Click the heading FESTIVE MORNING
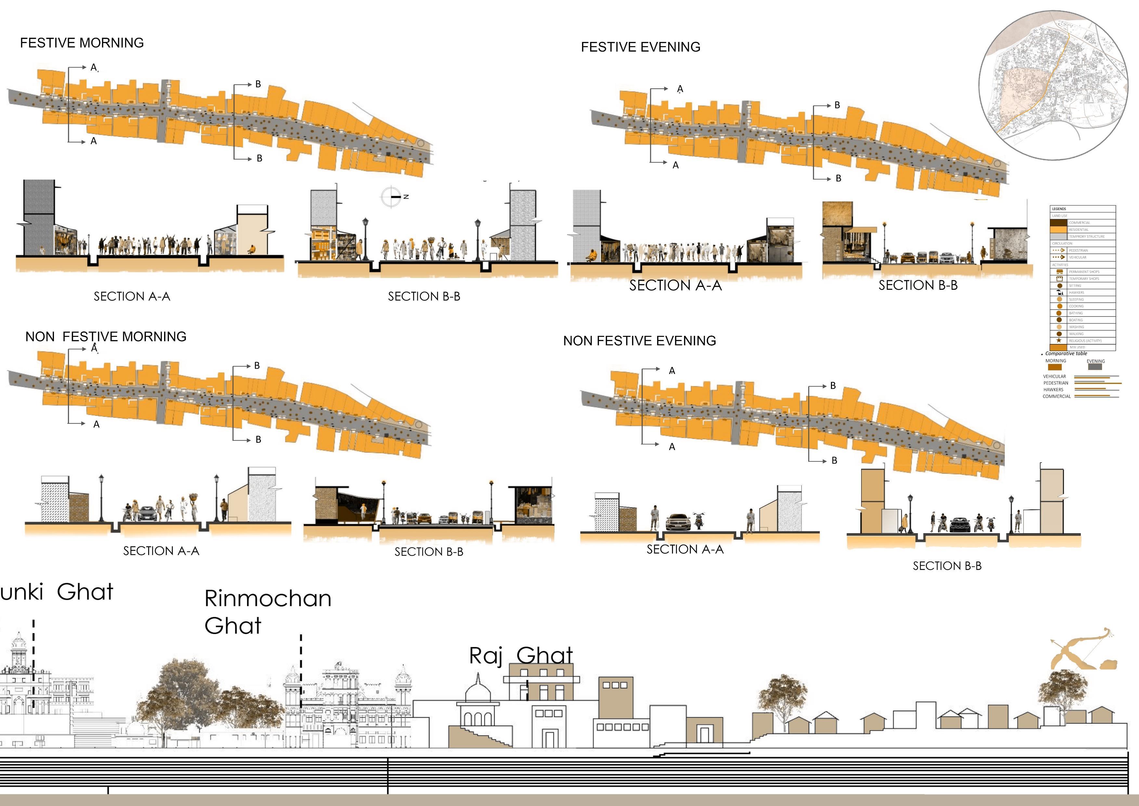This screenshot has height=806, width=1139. click(x=82, y=43)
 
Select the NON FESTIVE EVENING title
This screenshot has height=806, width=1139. click(x=640, y=341)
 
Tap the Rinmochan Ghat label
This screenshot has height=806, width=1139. click(x=267, y=612)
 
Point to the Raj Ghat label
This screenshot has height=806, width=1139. click(x=521, y=655)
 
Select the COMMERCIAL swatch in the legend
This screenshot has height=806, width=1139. click(x=1059, y=223)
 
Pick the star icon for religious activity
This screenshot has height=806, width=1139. click(x=1059, y=340)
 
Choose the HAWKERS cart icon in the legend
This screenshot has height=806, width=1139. click(x=1059, y=292)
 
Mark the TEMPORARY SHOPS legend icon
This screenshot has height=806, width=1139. click(x=1059, y=278)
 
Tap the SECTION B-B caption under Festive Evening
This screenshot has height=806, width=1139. click(x=918, y=285)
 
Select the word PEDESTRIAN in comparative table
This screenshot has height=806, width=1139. click(x=1056, y=383)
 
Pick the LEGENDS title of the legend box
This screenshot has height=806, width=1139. click(x=1059, y=209)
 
